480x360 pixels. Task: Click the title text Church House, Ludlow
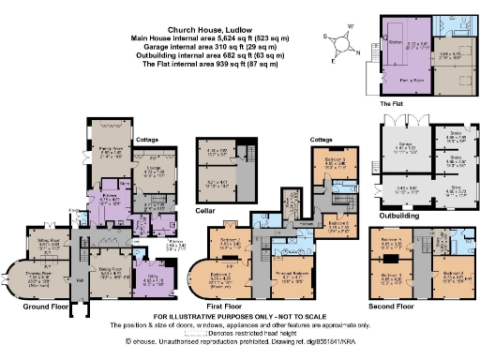pyautogui.click(x=209, y=28)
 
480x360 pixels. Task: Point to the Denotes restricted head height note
pyautogui.click(x=253, y=334)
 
